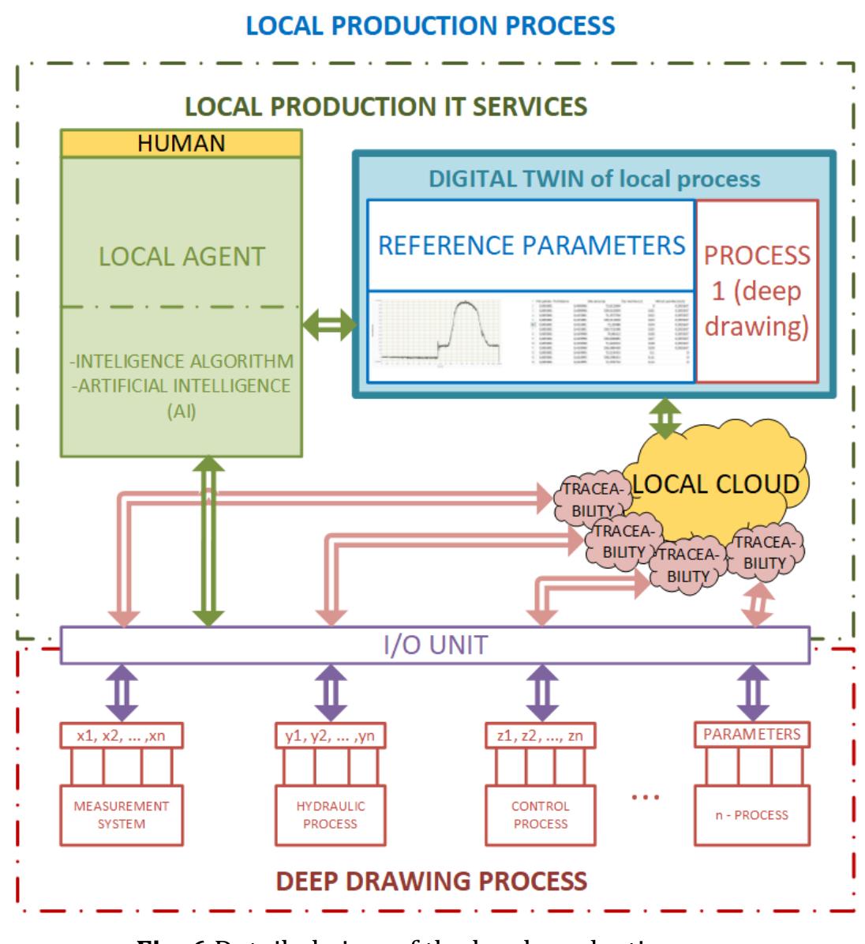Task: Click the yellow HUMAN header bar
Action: pyautogui.click(x=182, y=143)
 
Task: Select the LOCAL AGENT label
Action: pyautogui.click(x=182, y=256)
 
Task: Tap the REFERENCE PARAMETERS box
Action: pyautogui.click(x=531, y=245)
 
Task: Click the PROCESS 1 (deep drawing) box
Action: pyautogui.click(x=757, y=291)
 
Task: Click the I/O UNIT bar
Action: pyautogui.click(x=435, y=645)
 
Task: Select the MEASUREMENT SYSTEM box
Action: pyautogui.click(x=122, y=814)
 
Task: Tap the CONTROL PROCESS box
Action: pyautogui.click(x=541, y=814)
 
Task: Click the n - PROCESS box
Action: pyautogui.click(x=751, y=814)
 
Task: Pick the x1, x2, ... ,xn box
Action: pyautogui.click(x=122, y=735)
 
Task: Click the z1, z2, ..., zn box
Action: pyautogui.click(x=541, y=735)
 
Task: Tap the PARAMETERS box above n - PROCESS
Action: pyautogui.click(x=751, y=734)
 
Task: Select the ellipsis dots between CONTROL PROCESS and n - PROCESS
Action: pyautogui.click(x=646, y=797)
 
